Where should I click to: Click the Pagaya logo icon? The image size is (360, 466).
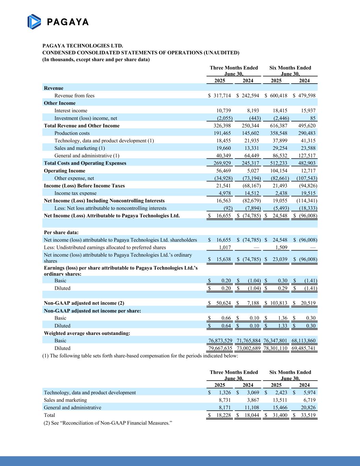tap(34, 22)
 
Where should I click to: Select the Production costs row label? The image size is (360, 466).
tap(72, 133)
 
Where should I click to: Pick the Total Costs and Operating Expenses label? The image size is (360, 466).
tap(85, 163)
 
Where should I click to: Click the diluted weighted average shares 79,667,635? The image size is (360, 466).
tap(220, 348)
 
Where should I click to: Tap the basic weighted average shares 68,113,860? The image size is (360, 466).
tap(304, 341)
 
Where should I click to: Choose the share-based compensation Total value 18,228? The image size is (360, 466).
tap(222, 415)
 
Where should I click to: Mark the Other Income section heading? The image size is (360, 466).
tap(60, 103)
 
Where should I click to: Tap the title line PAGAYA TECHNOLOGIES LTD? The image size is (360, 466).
tap(83, 46)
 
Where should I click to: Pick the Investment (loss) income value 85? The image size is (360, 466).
tap(313, 118)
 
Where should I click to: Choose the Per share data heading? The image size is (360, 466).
tap(61, 232)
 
